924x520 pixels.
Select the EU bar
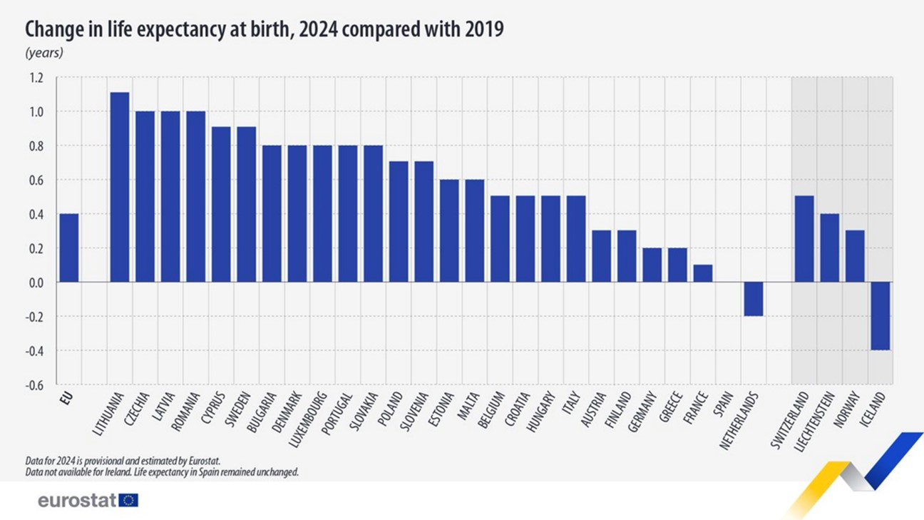[x=68, y=248]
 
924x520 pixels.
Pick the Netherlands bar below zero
[x=753, y=299]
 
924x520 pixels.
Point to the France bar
[x=702, y=273]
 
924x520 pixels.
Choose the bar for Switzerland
[x=804, y=239]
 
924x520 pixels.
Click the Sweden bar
[x=246, y=204]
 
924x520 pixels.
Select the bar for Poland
[x=399, y=221]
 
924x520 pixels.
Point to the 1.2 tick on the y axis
[x=36, y=78]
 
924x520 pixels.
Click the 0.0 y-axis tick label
[x=36, y=282]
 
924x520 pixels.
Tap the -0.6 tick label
[x=34, y=385]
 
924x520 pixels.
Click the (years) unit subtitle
[x=44, y=53]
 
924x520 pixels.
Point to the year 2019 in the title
[x=484, y=29]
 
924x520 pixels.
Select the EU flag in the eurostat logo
[x=129, y=500]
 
